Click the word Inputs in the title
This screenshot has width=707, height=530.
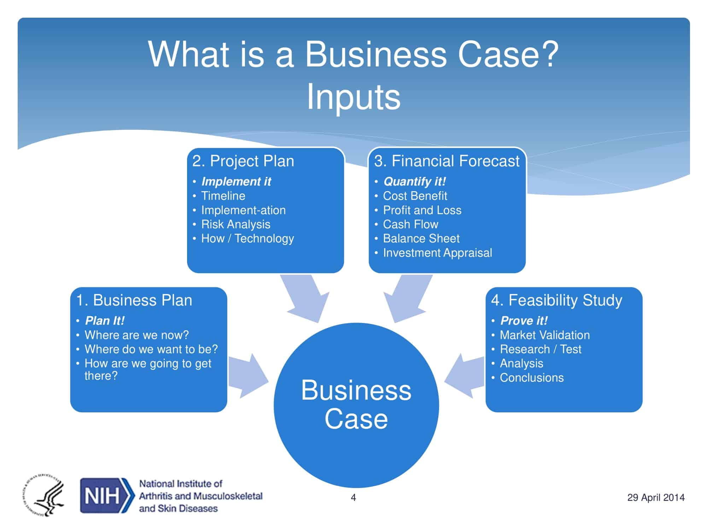point(353,97)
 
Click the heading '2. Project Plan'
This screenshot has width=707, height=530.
point(243,161)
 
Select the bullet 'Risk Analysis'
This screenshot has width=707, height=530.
point(236,224)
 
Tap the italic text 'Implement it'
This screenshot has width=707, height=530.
point(236,182)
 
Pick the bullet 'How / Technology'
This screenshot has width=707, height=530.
point(247,238)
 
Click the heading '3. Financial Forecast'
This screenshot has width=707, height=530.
point(447,161)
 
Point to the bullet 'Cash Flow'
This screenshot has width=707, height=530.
point(410,224)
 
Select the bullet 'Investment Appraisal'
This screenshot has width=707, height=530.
point(437,253)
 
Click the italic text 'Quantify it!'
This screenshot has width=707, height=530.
point(414,182)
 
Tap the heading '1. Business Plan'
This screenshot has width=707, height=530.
point(134,300)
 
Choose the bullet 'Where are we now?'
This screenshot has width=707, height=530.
point(137,335)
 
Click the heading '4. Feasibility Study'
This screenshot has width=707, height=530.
point(556,300)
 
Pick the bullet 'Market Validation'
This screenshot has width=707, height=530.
point(545,335)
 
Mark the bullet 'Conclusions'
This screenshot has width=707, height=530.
point(532,378)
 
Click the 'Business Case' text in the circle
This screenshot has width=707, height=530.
point(356,405)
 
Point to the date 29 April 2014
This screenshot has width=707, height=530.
point(656,497)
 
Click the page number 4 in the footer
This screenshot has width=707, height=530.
point(353,497)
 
